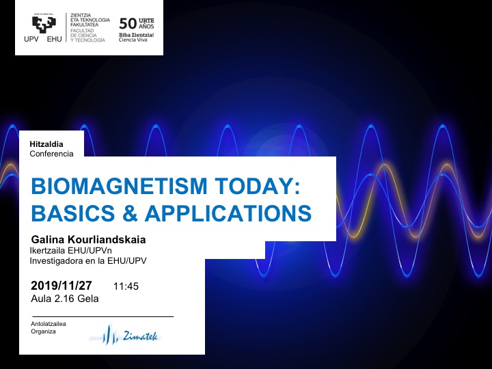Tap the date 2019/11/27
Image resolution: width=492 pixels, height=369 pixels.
[x=61, y=286]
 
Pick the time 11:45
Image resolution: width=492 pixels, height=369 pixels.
[x=126, y=286]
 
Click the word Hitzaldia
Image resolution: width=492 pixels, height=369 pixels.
[x=46, y=144]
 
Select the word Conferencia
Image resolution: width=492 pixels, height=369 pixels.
[x=51, y=154]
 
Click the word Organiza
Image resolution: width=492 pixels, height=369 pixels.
[x=42, y=331]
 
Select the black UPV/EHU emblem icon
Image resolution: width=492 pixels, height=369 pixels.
[x=43, y=23]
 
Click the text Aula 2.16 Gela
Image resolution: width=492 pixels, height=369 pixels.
[x=65, y=298]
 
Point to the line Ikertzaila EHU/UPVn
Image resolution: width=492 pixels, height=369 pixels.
[x=70, y=251]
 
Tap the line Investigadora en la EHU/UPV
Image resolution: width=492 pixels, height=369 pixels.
[x=88, y=260]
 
